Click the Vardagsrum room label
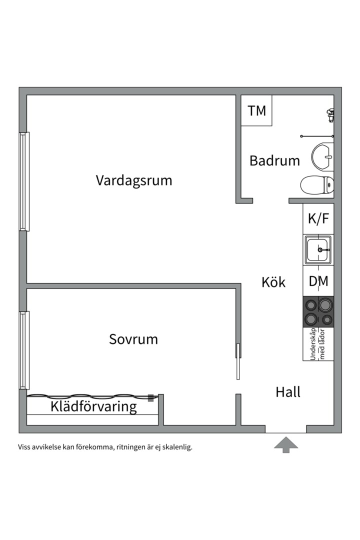coord(133,180)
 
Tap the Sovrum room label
coord(133,339)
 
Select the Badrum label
coord(274,160)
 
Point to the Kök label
coord(273,282)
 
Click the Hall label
coord(288,392)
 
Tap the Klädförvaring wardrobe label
coord(93,406)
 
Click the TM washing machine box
coord(257,110)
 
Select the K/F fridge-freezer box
coord(318,219)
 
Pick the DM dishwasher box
coord(318,281)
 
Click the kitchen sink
coord(318,249)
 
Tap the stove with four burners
coord(318,312)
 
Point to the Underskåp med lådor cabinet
coord(318,344)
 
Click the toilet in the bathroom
coord(317,184)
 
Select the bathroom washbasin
coord(323,156)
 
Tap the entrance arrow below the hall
coord(286,444)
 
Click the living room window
coord(23,181)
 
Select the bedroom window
coord(23,350)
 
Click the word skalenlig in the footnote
coord(176,447)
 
